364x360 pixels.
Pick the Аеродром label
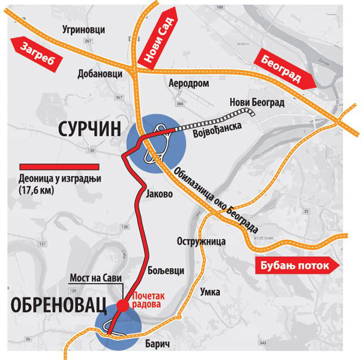(188, 83)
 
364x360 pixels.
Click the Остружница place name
(198, 242)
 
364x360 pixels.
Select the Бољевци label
(168, 270)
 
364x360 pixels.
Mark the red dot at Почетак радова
(123, 305)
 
